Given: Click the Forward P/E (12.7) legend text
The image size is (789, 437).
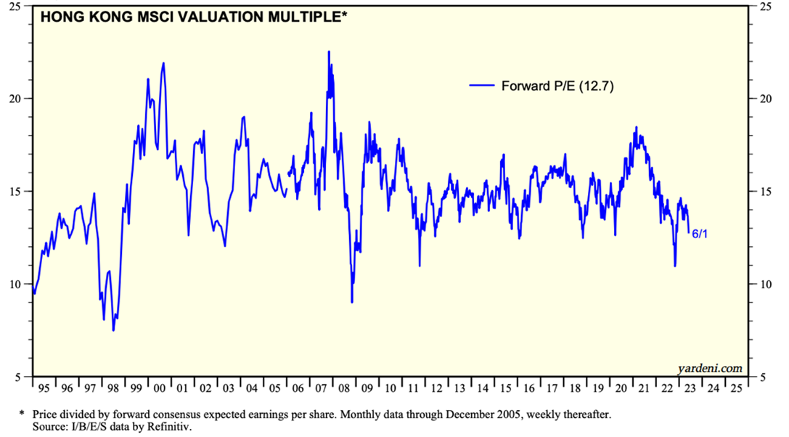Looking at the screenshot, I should (x=558, y=86).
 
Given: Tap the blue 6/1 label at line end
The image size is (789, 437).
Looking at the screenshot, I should (x=700, y=234).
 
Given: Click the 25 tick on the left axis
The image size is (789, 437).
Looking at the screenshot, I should (x=16, y=6).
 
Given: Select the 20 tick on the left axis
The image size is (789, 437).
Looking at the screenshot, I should (x=16, y=99).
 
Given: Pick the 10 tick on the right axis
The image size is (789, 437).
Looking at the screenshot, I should (x=764, y=284).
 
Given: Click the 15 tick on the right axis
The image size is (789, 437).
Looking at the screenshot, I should (x=764, y=191).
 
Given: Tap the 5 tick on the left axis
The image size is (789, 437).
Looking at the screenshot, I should (x=19, y=377).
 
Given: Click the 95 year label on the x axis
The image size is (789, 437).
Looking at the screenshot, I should (x=43, y=388).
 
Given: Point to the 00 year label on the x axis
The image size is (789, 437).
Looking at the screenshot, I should (x=158, y=388).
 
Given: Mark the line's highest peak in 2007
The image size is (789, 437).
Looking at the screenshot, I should (x=329, y=52).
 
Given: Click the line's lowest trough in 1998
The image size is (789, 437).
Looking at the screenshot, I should (x=113, y=330).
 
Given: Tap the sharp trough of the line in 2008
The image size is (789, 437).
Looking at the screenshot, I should (x=351, y=302).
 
